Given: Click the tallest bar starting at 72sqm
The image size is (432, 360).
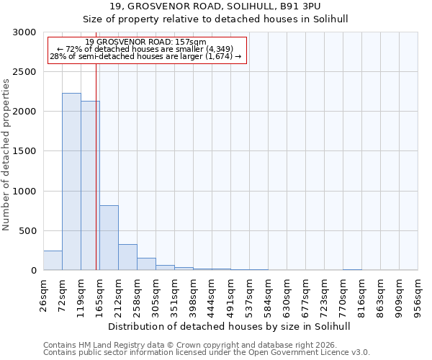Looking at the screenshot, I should point(71,181).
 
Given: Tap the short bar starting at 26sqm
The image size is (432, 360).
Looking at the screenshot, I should point(53,261).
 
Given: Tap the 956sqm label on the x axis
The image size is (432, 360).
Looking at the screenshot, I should point(418,296).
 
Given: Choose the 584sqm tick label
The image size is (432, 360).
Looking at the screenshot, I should point(269,296).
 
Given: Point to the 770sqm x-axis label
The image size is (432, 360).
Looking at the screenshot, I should point(343,296).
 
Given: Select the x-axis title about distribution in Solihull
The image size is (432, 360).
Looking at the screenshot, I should point(230,326).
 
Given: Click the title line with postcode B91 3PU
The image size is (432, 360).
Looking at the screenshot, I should point(230,6).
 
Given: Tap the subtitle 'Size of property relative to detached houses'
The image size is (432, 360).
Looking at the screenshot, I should point(230,19).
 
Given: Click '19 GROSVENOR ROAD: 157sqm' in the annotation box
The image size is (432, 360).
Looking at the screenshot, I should point(145,42).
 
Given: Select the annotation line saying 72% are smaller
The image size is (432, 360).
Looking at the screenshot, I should point(145,49).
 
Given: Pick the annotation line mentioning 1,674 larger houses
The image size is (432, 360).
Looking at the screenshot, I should point(145,56).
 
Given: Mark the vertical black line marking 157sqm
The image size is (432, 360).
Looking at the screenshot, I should point(96,180).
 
